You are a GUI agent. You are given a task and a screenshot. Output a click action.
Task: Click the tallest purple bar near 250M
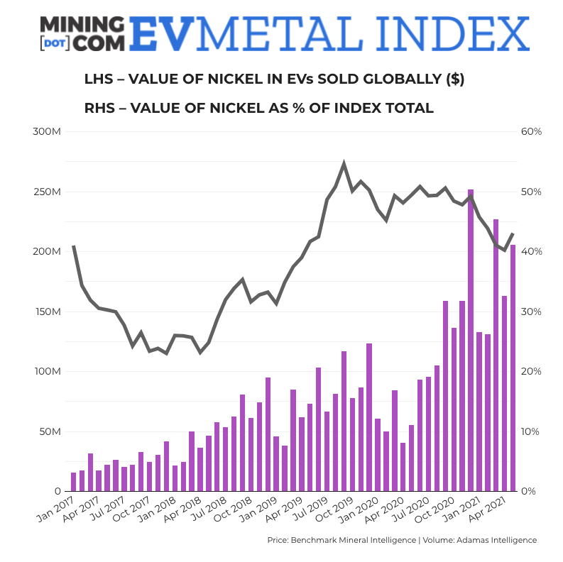(470, 341)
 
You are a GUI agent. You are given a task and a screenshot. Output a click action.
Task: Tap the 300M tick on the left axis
(47, 132)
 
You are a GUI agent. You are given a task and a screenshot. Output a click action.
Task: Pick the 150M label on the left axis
(47, 312)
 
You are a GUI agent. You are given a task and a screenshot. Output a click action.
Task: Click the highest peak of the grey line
(344, 164)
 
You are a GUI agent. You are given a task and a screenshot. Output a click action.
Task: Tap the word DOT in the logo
(55, 43)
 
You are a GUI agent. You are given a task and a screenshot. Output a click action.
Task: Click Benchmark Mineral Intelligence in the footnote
(354, 540)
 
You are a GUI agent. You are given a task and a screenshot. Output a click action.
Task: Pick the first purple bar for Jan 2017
(73, 482)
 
